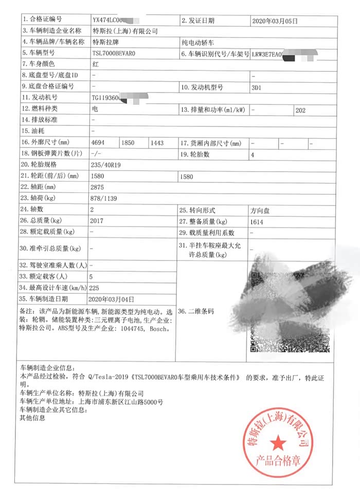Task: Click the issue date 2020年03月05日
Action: click(275, 21)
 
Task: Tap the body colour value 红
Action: click(95, 65)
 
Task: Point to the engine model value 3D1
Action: click(256, 87)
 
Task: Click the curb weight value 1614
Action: click(258, 221)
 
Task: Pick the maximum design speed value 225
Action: click(95, 288)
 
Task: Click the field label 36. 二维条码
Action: click(195, 311)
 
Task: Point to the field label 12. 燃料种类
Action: click(39, 109)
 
